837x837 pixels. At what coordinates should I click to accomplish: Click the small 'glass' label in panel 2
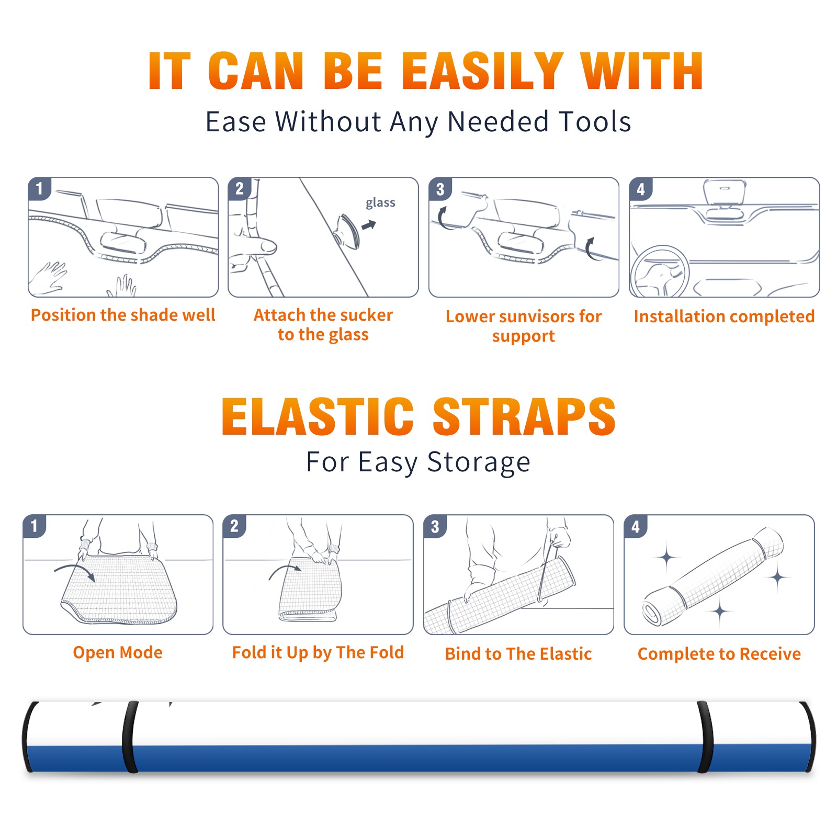380,203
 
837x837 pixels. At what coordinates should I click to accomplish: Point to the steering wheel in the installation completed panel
660,272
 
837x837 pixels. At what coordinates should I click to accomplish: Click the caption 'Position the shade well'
123,315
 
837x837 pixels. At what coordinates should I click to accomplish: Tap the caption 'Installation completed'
724,316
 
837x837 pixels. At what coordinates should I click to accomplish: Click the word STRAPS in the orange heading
524,416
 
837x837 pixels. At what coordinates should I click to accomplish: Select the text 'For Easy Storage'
418,462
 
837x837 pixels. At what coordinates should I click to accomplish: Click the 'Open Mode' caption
118,652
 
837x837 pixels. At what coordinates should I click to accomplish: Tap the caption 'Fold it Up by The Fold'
318,653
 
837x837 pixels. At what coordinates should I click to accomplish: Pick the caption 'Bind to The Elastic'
518,654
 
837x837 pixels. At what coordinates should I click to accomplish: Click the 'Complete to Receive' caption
719,654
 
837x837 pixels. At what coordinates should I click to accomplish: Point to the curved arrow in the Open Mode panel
75,568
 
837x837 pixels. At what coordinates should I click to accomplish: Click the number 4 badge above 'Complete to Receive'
636,526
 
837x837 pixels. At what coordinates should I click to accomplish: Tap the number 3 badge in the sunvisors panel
440,189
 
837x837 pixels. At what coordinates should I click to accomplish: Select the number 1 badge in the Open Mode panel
35,526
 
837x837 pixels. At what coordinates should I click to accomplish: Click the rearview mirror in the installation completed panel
725,192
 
